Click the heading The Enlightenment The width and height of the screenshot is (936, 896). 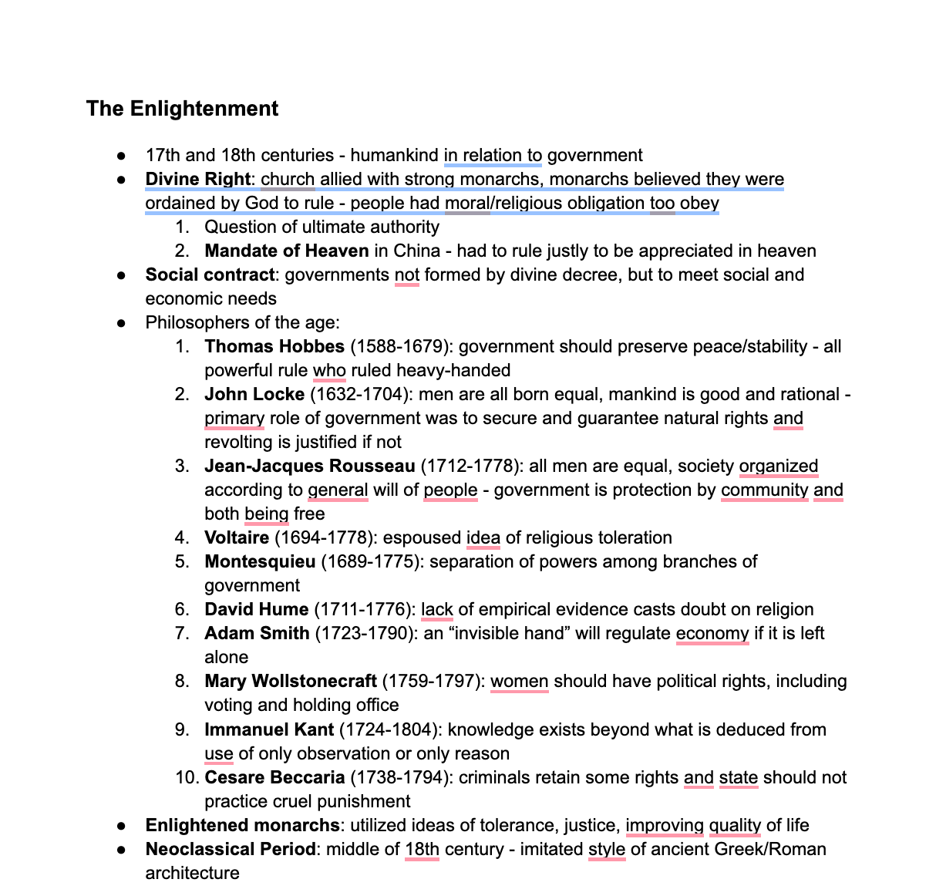(182, 109)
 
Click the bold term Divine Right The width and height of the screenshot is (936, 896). (197, 180)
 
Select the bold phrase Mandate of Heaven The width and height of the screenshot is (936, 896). (286, 251)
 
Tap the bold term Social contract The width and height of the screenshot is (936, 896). (210, 275)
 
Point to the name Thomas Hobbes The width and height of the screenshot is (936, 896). (274, 347)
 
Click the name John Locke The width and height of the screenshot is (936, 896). (254, 395)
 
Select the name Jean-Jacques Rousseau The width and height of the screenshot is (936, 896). (309, 467)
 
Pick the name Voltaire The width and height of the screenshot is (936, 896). (237, 538)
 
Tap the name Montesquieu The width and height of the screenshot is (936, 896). (260, 562)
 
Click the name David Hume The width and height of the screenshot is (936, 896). (256, 610)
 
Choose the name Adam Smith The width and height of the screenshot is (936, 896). (257, 634)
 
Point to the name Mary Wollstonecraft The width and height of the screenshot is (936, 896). (290, 682)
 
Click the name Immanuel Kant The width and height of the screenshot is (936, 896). (269, 730)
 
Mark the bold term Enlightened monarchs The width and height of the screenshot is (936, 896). (242, 826)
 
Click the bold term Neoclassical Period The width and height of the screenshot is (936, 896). (231, 850)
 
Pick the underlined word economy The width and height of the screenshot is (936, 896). (712, 634)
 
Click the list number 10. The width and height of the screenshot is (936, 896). (187, 778)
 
